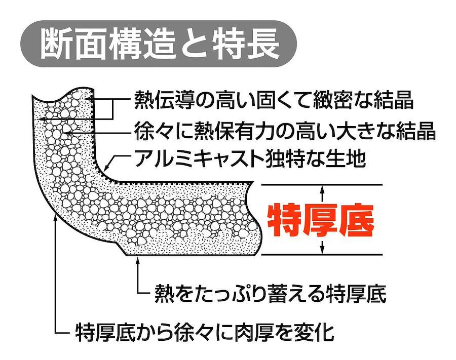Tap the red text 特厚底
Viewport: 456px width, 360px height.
coord(321,220)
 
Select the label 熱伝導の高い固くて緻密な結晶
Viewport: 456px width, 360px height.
coord(274,101)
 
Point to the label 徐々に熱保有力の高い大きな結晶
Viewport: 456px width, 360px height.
coord(285,131)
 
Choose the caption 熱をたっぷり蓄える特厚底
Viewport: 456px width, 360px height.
coord(271,294)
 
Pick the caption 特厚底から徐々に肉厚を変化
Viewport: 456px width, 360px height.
coord(205,332)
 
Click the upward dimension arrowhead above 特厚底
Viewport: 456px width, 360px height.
coord(322,189)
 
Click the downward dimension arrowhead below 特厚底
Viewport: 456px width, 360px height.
coord(322,249)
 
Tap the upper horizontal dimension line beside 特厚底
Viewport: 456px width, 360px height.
coord(322,184)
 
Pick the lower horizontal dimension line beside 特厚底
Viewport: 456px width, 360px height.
coord(322,255)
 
